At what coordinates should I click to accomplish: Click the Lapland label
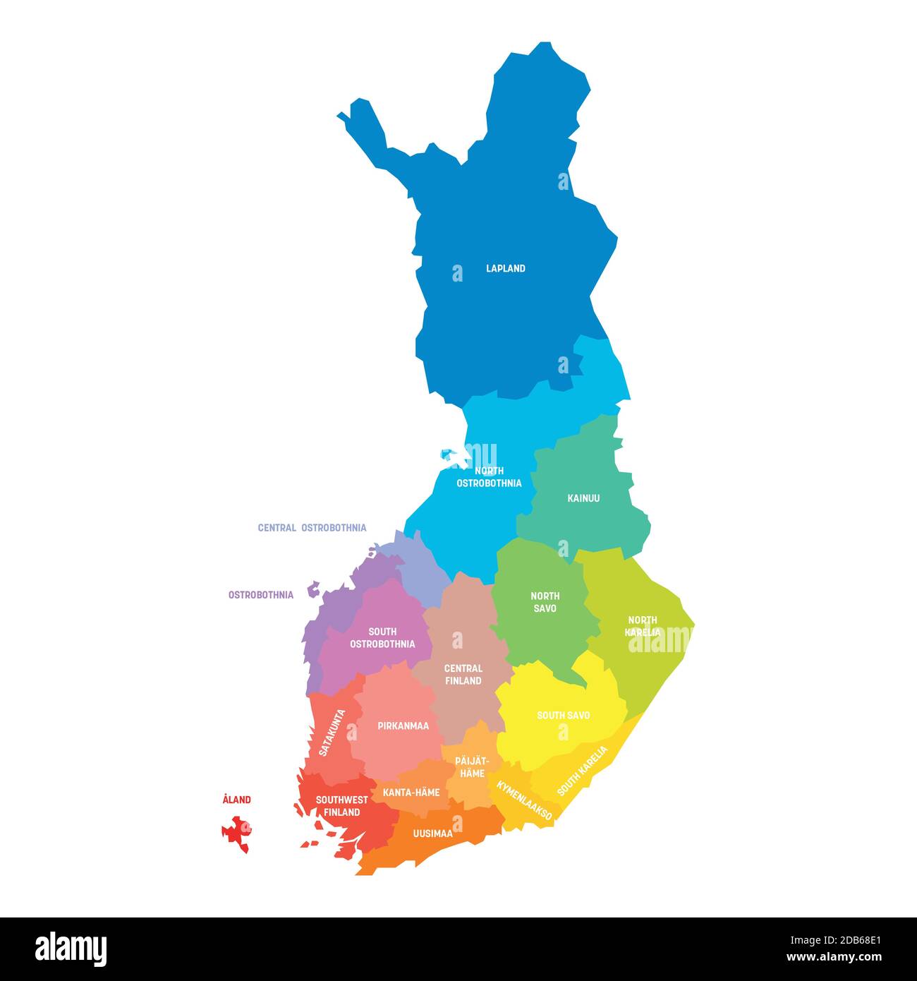pos(505,268)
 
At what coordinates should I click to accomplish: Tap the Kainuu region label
pos(583,498)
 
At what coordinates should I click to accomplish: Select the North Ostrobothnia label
pos(489,477)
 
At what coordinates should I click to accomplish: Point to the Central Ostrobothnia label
pos(312,527)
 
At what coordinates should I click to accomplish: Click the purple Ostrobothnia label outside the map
pos(260,595)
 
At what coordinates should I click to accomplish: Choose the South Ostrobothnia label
pos(382,637)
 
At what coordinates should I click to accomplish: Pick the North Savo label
pos(545,602)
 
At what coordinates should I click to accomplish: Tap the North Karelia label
pos(643,626)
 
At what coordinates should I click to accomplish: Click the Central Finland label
pos(463,674)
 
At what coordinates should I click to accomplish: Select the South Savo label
pos(563,715)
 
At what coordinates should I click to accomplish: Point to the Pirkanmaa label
pos(403,726)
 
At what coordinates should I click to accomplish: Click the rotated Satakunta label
pos(332,733)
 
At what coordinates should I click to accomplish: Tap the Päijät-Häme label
pos(472,767)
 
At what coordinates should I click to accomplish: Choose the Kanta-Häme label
pos(411,793)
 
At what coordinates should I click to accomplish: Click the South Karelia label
pos(582,771)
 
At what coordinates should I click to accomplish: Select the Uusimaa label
pos(432,833)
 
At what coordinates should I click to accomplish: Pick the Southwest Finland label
pos(341,806)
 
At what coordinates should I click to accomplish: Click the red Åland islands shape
pos(237,833)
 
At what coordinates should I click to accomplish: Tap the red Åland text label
pos(236,800)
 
